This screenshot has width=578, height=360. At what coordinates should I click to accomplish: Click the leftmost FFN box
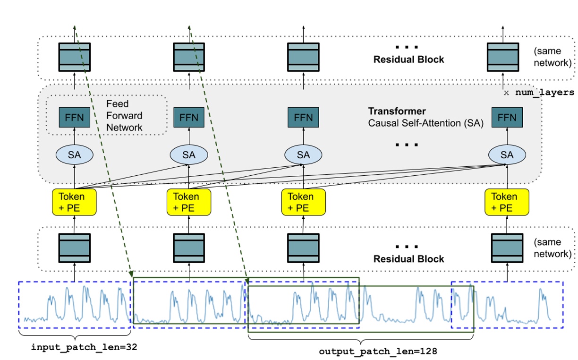coord(74,117)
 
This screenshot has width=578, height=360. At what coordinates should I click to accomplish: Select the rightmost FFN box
coord(507,117)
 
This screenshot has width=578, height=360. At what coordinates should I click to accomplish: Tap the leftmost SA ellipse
coord(74,154)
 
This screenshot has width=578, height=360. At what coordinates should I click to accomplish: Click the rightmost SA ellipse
coord(507,154)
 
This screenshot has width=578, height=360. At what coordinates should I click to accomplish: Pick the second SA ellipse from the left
coord(188,154)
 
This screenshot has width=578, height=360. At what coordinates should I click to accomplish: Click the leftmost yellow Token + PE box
coord(74,202)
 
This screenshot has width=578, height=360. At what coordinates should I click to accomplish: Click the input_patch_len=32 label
coord(85,347)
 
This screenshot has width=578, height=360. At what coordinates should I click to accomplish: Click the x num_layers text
coord(538,93)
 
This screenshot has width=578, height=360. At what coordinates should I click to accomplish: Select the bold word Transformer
coord(397,111)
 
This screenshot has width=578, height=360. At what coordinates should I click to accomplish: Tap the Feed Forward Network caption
coord(124,115)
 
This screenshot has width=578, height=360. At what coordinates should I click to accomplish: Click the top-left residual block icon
coord(74,57)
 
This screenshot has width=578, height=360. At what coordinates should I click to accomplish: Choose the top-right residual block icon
coord(502,57)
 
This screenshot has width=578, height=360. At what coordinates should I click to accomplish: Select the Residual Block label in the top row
coord(408,60)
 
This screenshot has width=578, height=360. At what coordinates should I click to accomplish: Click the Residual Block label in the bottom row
coord(408,259)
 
